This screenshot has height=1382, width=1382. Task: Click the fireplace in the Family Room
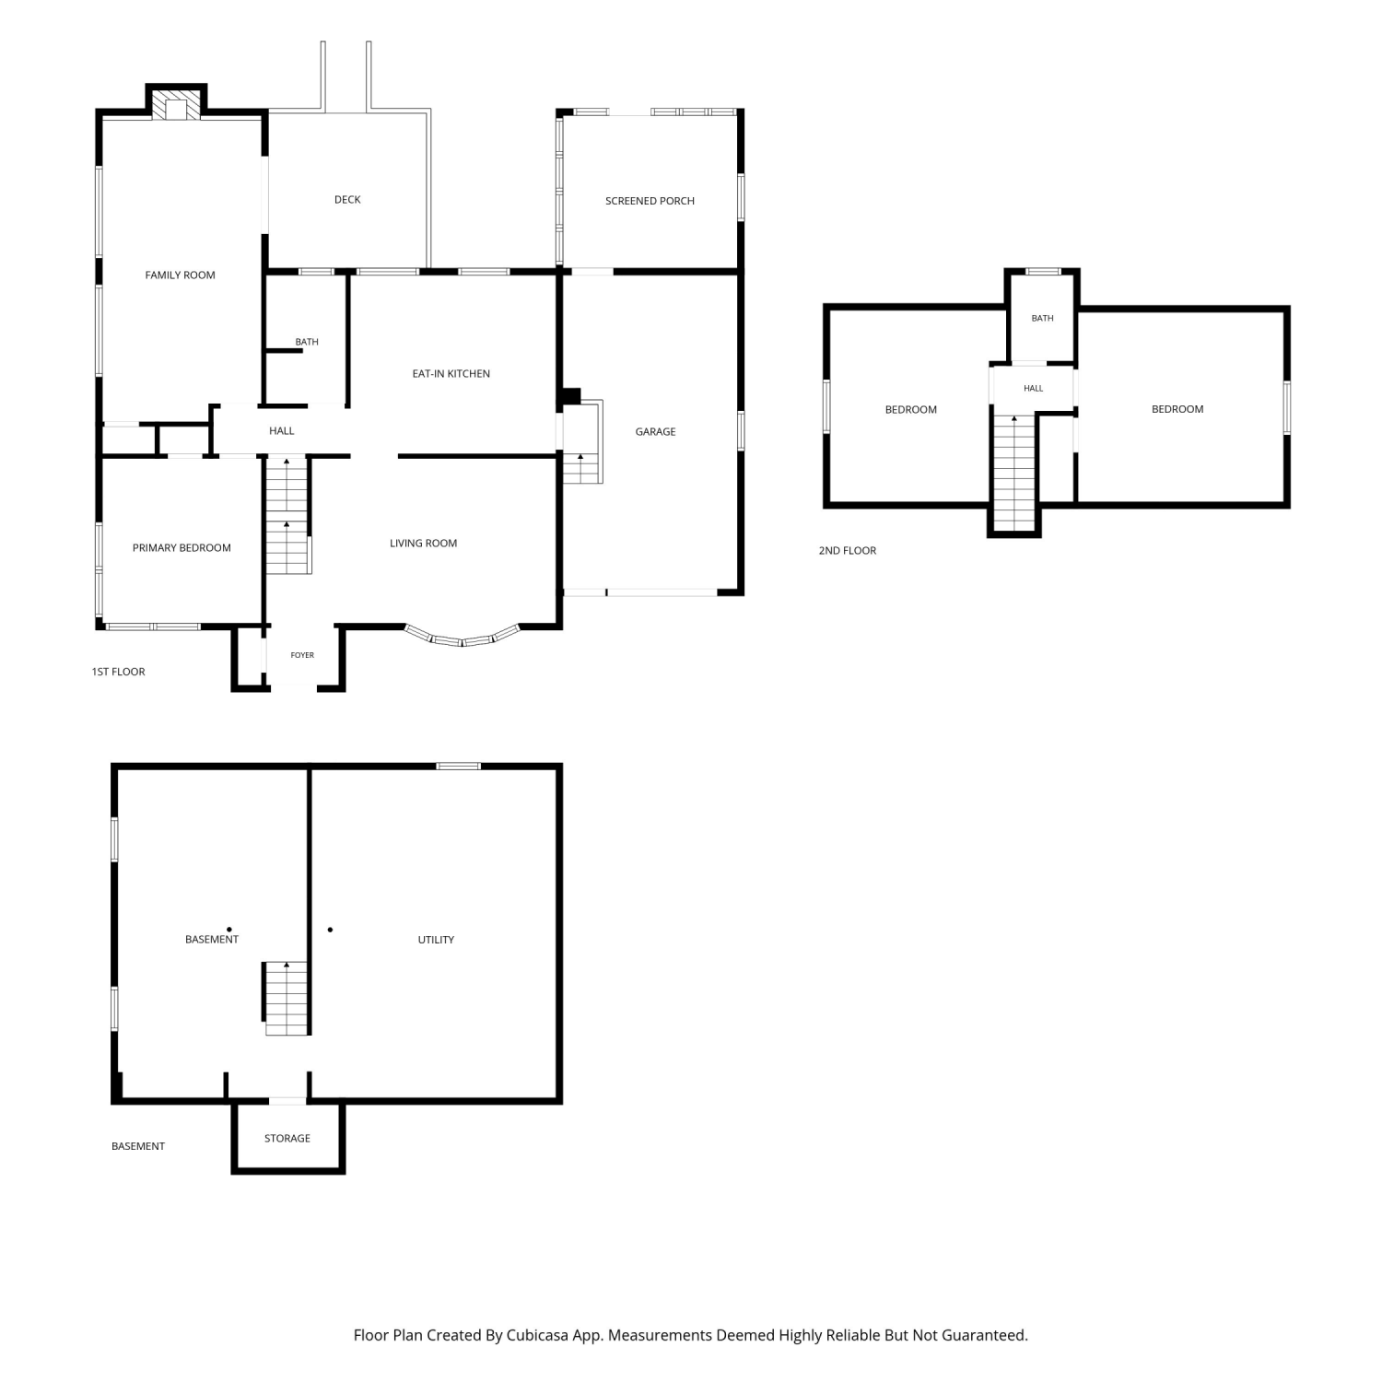[x=177, y=104]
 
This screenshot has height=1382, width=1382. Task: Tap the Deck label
[x=347, y=199]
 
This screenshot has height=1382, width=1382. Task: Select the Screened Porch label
[x=650, y=200]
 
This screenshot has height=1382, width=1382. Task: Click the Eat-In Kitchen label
[x=451, y=373]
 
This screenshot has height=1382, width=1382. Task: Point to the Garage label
[x=655, y=431]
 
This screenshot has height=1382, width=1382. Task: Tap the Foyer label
[x=302, y=655]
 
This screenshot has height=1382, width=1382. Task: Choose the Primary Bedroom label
[x=182, y=547]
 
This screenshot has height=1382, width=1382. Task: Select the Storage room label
[x=287, y=1138]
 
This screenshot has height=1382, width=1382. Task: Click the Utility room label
[x=436, y=940]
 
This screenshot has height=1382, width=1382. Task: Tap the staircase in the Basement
[x=287, y=998]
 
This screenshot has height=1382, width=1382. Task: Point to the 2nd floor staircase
[x=1014, y=473]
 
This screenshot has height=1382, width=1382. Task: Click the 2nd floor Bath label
[x=1042, y=318]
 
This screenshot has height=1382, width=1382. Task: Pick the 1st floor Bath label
[x=307, y=342]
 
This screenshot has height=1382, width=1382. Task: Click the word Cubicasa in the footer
[x=537, y=1335]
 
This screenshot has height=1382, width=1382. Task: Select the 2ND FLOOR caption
[x=848, y=550]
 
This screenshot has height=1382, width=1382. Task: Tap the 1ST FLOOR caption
[x=118, y=672]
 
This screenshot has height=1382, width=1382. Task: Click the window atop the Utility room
[x=458, y=766]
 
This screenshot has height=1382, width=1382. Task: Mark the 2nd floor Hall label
[x=1033, y=388]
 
